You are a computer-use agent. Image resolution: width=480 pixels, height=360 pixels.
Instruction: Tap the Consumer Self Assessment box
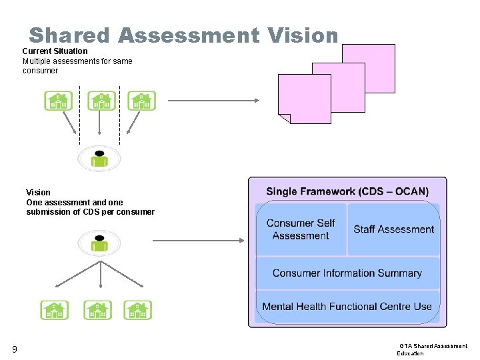[x=301, y=229]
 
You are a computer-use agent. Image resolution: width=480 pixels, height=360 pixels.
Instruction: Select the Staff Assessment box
[x=393, y=229]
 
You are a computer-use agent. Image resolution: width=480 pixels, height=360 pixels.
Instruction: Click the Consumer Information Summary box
[x=347, y=273]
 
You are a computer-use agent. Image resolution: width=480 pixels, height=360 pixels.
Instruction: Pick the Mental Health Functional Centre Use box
[x=347, y=307]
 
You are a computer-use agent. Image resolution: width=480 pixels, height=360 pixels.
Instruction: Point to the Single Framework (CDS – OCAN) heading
[x=347, y=191]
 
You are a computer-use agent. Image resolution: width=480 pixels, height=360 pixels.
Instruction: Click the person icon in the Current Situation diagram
[x=99, y=159]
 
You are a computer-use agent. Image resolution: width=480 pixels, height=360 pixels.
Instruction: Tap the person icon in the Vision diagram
[x=99, y=242]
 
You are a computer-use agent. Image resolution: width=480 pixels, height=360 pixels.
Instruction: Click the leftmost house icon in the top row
[x=58, y=101]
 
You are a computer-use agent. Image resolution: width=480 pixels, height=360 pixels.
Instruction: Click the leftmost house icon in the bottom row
[x=54, y=310]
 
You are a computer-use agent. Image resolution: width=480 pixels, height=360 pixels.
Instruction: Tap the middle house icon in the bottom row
[x=97, y=310]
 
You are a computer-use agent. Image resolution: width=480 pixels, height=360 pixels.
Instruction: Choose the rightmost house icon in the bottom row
[x=138, y=310]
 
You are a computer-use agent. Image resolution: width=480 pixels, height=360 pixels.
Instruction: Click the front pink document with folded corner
[x=304, y=99]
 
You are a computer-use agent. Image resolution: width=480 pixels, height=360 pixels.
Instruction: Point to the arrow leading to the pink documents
[x=213, y=101]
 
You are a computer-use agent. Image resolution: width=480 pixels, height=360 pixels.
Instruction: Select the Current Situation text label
[x=55, y=51]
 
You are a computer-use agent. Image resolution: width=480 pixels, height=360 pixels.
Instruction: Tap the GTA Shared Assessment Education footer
[x=433, y=349]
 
